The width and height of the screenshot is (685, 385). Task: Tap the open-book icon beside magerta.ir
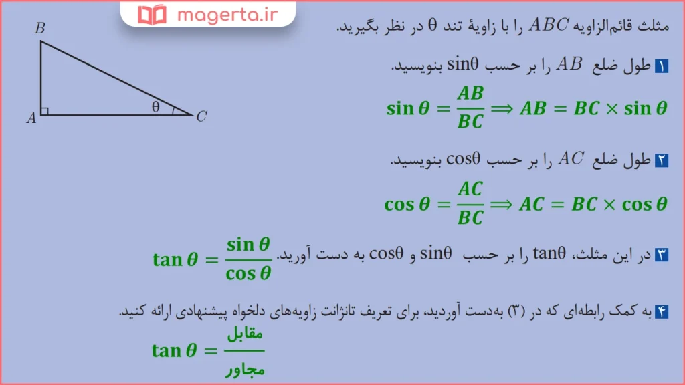[151, 13]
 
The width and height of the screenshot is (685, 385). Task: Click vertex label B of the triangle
[40, 28]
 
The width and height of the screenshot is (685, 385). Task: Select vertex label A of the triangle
[31, 118]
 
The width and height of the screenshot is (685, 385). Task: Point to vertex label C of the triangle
[201, 116]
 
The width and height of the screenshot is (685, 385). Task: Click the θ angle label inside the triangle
[156, 106]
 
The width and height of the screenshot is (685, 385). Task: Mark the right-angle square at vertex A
[44, 111]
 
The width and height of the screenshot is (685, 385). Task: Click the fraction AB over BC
[470, 107]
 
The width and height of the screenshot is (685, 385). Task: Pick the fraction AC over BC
[470, 203]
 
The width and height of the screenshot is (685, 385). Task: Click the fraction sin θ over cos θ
[248, 259]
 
